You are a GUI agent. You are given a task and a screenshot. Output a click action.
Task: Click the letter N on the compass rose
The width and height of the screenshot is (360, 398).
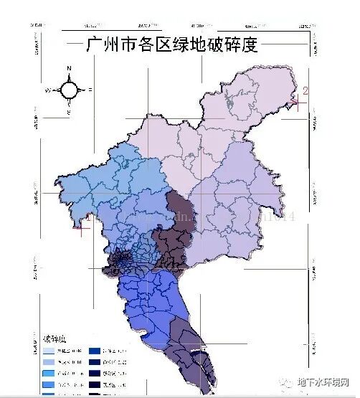[x=69, y=69]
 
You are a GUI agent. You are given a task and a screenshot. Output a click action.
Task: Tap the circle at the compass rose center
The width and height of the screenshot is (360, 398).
[x=69, y=90]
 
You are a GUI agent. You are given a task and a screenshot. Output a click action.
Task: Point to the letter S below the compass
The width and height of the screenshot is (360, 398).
[x=69, y=113]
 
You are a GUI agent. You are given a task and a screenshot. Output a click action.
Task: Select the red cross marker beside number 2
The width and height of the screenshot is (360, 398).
[x=297, y=103]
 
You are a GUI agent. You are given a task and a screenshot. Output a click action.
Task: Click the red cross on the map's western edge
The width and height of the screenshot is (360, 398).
[x=82, y=229]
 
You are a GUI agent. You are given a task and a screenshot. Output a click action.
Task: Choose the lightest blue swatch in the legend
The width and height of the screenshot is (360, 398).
[x=54, y=351]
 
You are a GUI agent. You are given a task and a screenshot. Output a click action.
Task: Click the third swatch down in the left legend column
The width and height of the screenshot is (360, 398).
[x=54, y=374]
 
